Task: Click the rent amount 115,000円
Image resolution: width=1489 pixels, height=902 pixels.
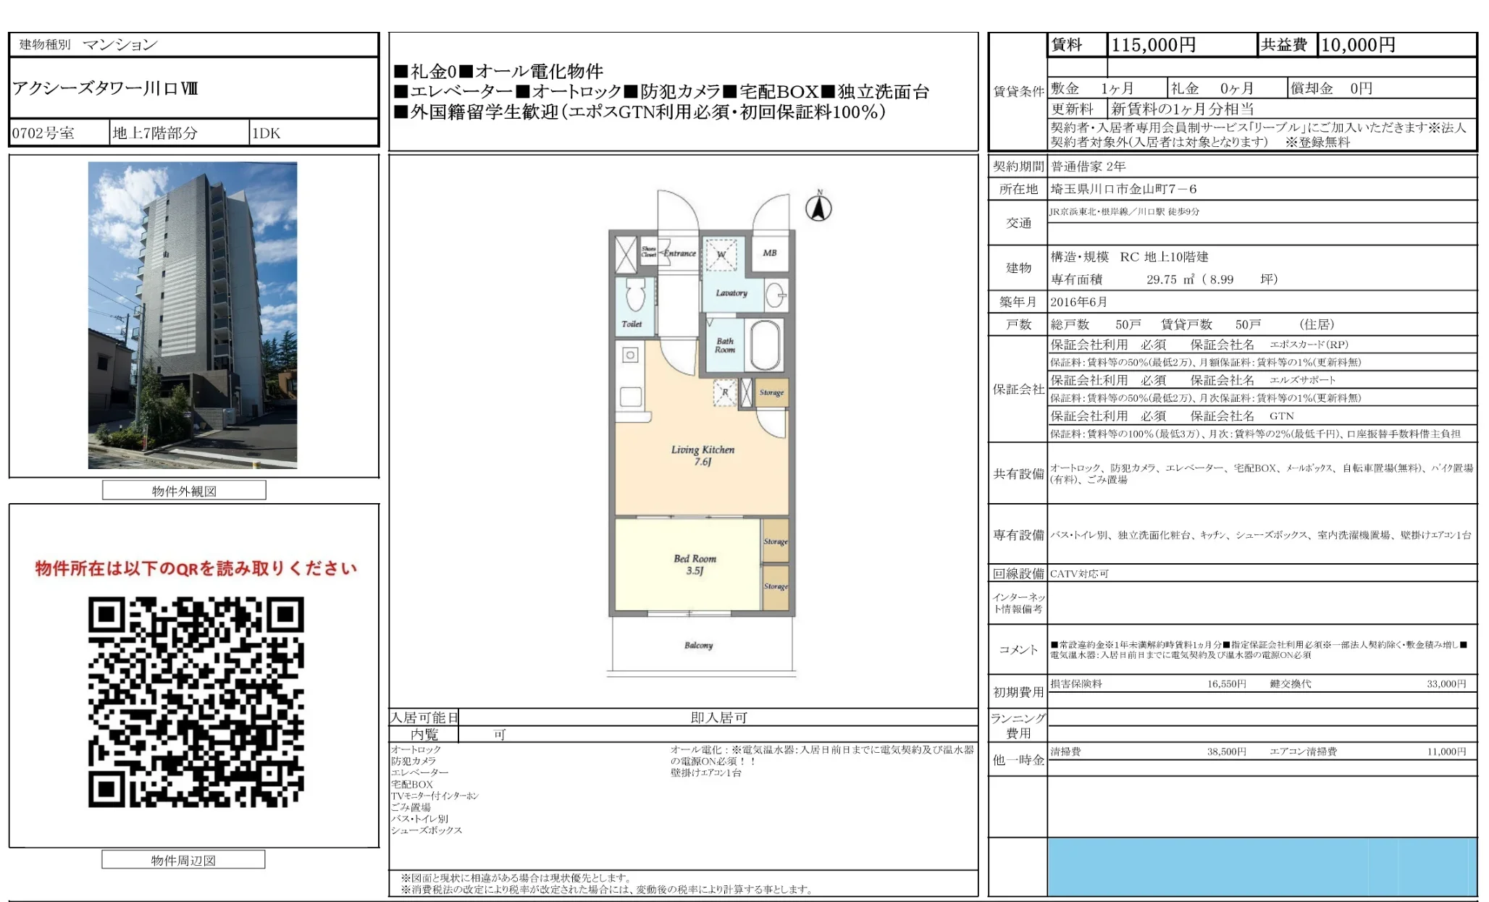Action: (x=1153, y=45)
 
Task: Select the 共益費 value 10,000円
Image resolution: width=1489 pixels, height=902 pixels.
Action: (x=1358, y=45)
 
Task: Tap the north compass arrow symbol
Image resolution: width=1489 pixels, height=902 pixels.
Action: (x=819, y=208)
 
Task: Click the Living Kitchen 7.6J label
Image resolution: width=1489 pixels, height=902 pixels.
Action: (x=702, y=455)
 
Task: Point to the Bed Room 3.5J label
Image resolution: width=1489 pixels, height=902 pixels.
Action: (x=695, y=564)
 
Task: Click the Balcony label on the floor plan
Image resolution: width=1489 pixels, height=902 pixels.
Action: (x=698, y=645)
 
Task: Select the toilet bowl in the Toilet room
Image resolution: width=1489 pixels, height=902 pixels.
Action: (x=635, y=294)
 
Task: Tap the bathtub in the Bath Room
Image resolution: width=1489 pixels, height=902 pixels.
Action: (x=764, y=345)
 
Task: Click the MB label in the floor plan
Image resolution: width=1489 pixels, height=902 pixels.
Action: (x=769, y=253)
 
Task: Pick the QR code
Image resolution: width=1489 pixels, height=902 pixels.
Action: (x=196, y=701)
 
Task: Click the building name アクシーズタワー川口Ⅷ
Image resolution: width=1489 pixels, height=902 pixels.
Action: (x=105, y=88)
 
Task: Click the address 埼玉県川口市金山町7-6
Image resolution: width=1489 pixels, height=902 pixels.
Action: (x=1123, y=189)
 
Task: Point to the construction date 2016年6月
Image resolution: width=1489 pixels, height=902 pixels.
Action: (x=1078, y=302)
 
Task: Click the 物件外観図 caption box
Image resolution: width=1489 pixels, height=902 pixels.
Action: (x=184, y=491)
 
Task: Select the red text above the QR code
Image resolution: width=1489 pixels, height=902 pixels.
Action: (x=196, y=568)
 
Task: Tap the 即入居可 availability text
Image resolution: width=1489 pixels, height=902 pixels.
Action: (x=718, y=717)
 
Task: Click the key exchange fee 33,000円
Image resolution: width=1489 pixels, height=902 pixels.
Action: (x=1446, y=683)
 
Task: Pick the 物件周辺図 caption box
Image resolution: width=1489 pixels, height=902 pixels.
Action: (x=183, y=860)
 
